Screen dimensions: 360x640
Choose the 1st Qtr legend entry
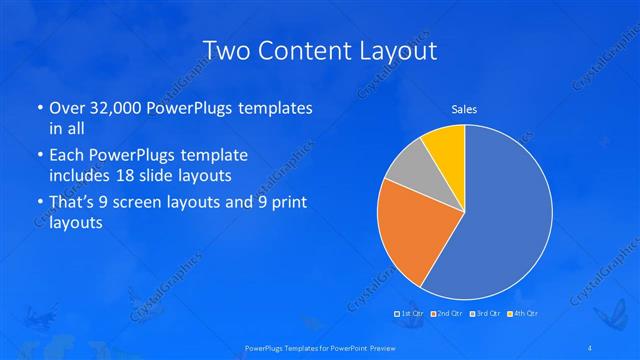pos(412,313)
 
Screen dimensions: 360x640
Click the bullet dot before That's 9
pos(39,204)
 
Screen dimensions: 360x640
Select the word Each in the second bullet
pos(67,156)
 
